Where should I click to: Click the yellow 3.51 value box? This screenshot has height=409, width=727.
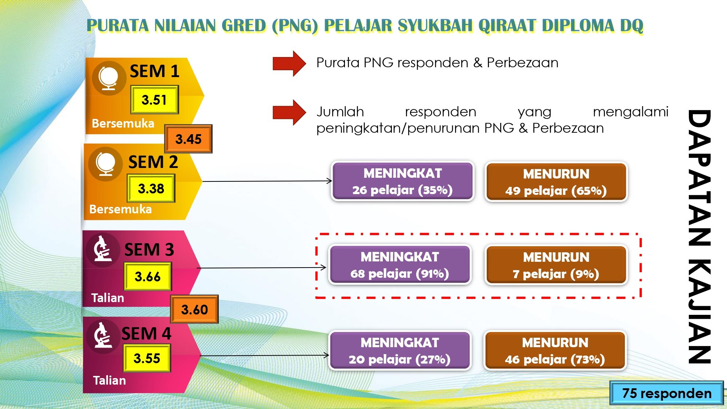pos(154,100)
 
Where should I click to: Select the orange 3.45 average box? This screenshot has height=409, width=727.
pos(188,139)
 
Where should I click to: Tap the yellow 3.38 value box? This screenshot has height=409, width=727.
pos(151,188)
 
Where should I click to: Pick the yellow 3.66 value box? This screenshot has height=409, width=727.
pos(148,277)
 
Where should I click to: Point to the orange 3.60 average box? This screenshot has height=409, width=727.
pos(194,309)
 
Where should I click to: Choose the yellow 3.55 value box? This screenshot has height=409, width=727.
pos(147,358)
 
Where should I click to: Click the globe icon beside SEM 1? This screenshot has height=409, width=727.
pos(109,78)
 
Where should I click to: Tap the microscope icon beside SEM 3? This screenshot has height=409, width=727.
pos(103,250)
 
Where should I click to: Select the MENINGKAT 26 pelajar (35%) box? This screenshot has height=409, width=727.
pos(402,181)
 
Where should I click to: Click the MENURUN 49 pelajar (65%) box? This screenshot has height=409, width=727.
pos(556,182)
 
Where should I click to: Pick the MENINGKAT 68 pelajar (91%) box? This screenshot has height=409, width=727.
pos(400,265)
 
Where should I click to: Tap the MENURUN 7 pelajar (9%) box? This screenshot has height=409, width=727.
pos(556,265)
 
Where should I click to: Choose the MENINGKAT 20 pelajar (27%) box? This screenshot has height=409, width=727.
pos(400,350)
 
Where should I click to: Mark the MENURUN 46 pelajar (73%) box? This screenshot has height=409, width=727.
pos(555,350)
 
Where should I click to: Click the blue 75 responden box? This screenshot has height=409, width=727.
pos(667,393)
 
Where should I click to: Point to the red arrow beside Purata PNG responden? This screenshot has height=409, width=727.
pos(289,64)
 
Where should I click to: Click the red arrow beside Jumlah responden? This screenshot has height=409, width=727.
pos(289,113)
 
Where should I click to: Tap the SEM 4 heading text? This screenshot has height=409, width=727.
pos(146,333)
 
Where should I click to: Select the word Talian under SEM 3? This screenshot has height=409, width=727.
pos(108,298)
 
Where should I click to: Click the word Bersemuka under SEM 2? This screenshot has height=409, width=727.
pos(120,209)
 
